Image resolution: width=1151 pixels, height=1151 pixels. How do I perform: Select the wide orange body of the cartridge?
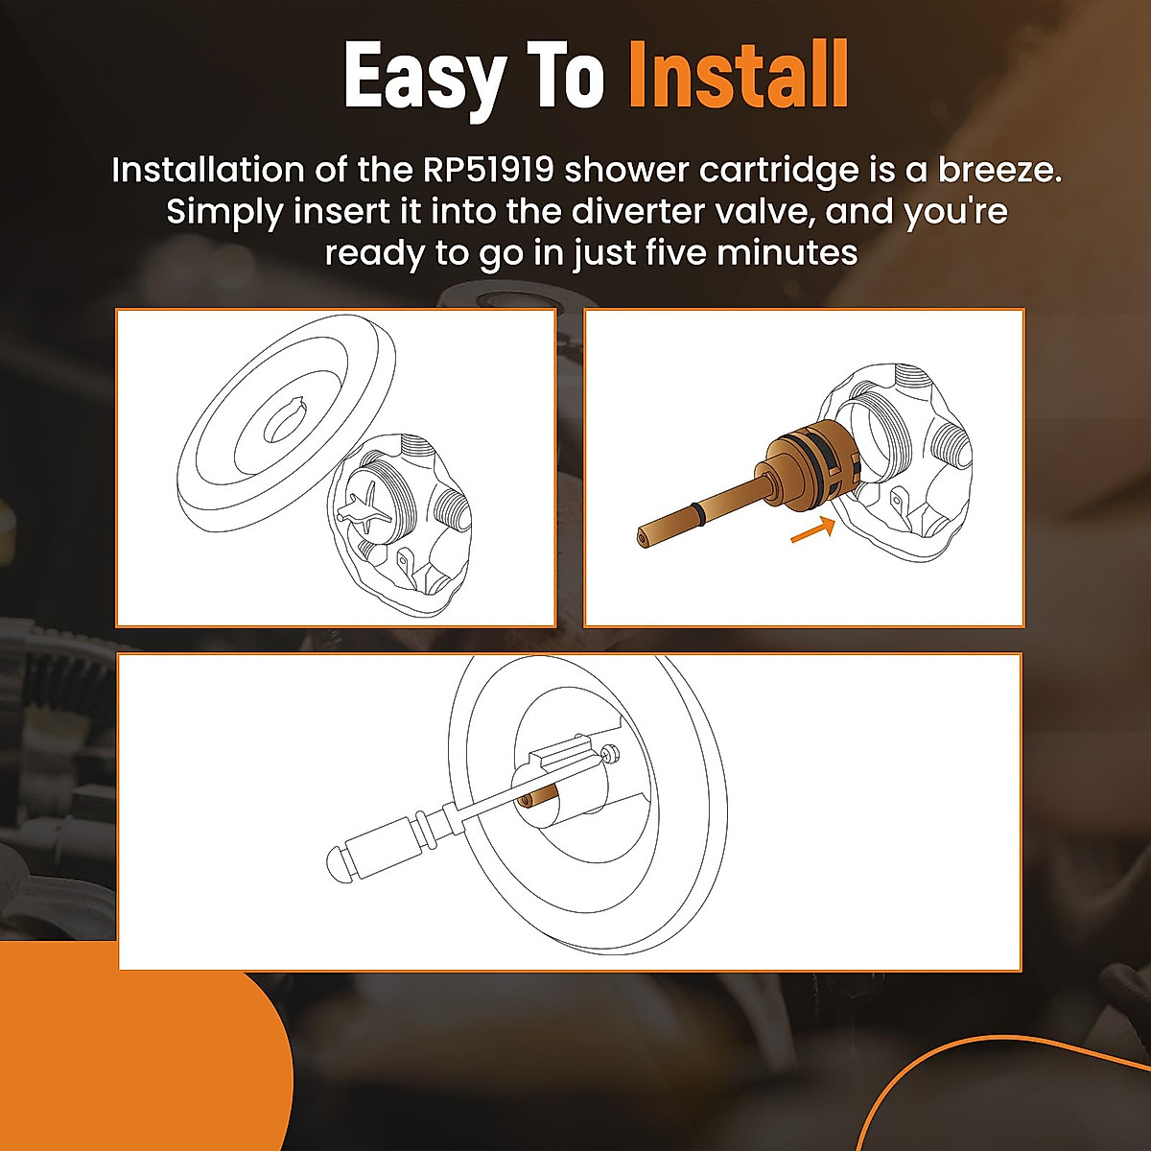(x=806, y=456)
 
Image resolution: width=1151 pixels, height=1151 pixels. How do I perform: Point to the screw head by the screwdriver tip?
(x=609, y=757)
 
